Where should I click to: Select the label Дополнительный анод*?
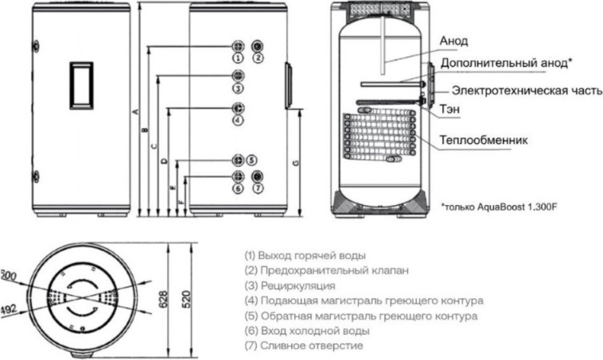click(506, 63)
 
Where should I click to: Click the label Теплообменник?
click(484, 139)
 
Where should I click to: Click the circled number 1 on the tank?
click(237, 57)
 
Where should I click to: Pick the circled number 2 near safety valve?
click(259, 57)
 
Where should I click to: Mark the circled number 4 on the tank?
click(237, 119)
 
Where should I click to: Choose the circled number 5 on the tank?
click(251, 159)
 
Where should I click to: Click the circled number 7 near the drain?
click(259, 188)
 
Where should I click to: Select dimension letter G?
click(296, 163)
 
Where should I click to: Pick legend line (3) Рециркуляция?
click(290, 286)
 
